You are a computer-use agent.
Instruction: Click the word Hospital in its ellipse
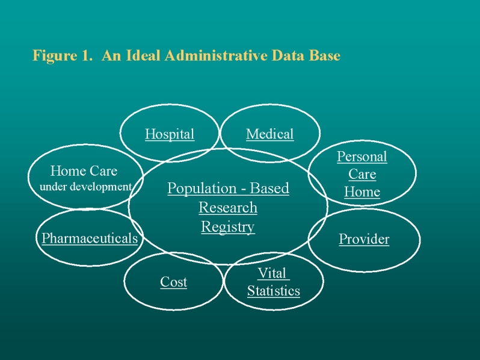tap(170, 134)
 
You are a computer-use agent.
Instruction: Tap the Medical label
tap(269, 134)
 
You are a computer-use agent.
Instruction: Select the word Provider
tap(364, 240)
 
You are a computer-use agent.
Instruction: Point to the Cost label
tap(173, 282)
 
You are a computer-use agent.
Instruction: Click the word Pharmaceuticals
tap(90, 238)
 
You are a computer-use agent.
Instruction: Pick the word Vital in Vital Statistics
tap(272, 273)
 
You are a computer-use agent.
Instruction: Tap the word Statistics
tap(273, 291)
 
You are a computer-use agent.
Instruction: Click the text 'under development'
tap(85, 187)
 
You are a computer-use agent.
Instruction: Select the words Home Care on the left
tap(84, 171)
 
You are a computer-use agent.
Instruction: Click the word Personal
tap(362, 157)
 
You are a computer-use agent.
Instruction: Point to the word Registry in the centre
tap(227, 227)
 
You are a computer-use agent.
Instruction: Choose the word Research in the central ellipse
tap(227, 208)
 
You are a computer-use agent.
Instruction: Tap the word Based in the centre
tap(269, 188)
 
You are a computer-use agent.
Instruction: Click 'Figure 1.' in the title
tap(63, 56)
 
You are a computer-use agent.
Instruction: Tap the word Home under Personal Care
tap(362, 193)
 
